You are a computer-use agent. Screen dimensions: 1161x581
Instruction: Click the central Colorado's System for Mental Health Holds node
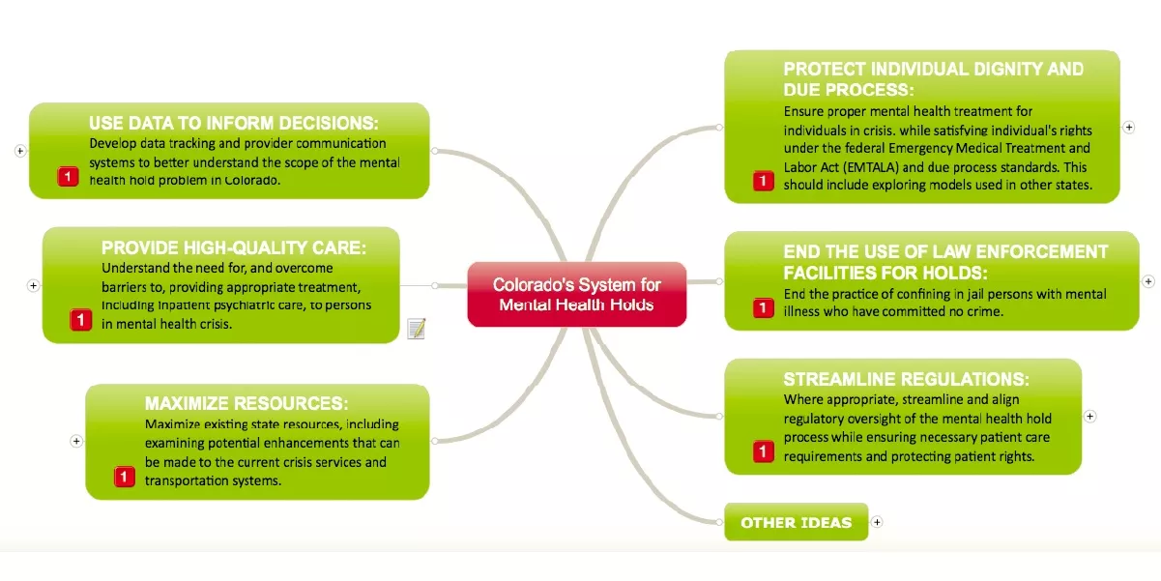577,295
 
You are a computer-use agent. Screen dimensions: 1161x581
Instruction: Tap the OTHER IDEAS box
797,522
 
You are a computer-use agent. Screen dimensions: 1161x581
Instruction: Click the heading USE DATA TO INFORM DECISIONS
234,124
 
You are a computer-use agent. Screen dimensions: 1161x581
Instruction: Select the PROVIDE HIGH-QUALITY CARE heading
234,247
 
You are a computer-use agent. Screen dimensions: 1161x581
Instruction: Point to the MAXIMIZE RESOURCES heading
247,403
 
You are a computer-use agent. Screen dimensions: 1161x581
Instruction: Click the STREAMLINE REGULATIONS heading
907,379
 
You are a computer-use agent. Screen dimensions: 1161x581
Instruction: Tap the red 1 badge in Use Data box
68,177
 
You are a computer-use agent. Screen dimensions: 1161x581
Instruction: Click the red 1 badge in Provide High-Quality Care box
80,320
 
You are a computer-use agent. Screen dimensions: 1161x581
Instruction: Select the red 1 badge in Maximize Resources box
124,477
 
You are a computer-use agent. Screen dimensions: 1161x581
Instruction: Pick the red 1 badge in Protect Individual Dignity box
763,181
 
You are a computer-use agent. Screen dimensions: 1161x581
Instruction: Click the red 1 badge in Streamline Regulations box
763,451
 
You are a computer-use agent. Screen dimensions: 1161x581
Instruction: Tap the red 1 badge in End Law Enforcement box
763,307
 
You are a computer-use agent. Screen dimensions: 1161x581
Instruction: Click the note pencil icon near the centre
417,329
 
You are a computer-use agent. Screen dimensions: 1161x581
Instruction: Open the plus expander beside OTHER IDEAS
877,522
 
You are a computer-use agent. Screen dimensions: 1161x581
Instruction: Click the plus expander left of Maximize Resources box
76,441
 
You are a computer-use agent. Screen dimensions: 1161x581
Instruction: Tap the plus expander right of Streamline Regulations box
1090,417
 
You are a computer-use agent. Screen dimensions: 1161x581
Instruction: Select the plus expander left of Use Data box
20,151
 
